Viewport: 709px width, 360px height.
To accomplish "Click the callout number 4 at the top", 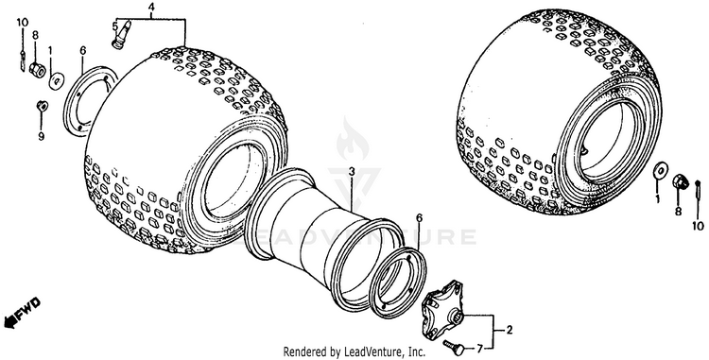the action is pyautogui.click(x=150, y=7).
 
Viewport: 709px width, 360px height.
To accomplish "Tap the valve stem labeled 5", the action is pyautogui.click(x=120, y=34).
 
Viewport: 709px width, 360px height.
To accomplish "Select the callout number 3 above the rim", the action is pyautogui.click(x=352, y=172).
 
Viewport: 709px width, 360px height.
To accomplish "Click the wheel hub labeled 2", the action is pyautogui.click(x=443, y=308).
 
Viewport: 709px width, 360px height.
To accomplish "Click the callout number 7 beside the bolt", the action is pyautogui.click(x=479, y=350).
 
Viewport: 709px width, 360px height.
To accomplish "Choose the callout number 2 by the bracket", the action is pyautogui.click(x=510, y=331).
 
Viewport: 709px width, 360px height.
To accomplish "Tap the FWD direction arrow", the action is pyautogui.click(x=22, y=312).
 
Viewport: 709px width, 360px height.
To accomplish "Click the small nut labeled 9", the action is pyautogui.click(x=42, y=106).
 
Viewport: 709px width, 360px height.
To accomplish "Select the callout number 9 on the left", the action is pyautogui.click(x=42, y=136).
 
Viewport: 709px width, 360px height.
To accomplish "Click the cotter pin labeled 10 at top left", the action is pyautogui.click(x=22, y=60).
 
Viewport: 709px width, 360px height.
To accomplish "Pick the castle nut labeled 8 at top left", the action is pyautogui.click(x=38, y=70).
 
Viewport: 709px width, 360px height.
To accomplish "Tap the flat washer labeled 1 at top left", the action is pyautogui.click(x=57, y=81).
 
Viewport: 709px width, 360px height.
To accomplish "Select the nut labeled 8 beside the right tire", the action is pyautogui.click(x=680, y=181).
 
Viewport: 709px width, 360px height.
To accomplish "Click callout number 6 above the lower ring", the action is pyautogui.click(x=419, y=218).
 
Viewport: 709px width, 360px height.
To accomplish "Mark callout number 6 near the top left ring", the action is pyautogui.click(x=82, y=51).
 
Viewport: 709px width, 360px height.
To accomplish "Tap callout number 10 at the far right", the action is pyautogui.click(x=698, y=226).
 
